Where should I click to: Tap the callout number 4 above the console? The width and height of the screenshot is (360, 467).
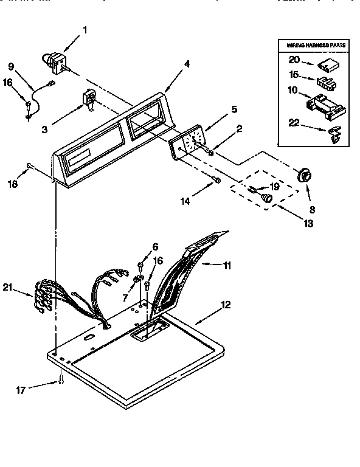tap(187, 63)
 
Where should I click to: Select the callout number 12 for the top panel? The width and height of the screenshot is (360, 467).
tap(226, 305)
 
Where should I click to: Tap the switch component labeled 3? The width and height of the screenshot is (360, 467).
tap(89, 99)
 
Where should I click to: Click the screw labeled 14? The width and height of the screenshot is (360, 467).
tap(216, 179)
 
